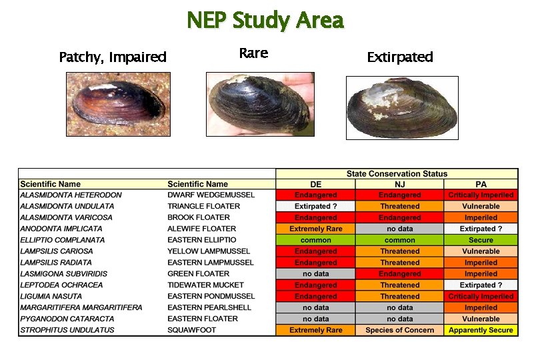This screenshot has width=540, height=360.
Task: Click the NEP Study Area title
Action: click(x=265, y=21)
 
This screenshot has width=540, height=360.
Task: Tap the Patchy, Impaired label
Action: click(x=113, y=57)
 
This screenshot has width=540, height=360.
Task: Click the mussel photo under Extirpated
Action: click(x=402, y=107)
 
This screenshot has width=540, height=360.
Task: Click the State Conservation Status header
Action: click(x=397, y=173)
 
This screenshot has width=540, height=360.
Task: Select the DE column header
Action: click(x=315, y=184)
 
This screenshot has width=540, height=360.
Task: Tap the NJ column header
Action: click(x=399, y=184)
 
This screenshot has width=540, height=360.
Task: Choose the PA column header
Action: click(x=481, y=184)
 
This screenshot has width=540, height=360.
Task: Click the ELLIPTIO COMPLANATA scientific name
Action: click(x=57, y=240)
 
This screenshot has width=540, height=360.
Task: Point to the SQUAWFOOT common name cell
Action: click(x=189, y=330)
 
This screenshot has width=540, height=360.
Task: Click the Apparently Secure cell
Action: click(x=481, y=330)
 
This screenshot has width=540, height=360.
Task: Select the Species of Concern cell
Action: click(x=399, y=330)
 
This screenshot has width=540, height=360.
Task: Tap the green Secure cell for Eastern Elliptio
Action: click(x=481, y=240)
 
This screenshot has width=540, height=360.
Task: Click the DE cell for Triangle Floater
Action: click(x=315, y=206)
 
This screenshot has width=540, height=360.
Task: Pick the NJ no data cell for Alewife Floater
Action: click(x=399, y=229)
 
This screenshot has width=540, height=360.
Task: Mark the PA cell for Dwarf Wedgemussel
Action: click(x=481, y=195)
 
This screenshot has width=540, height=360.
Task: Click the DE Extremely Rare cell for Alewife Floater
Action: click(x=315, y=229)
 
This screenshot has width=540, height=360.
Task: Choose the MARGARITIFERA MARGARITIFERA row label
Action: click(x=81, y=307)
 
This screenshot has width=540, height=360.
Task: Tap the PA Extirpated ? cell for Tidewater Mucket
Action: click(x=481, y=285)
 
